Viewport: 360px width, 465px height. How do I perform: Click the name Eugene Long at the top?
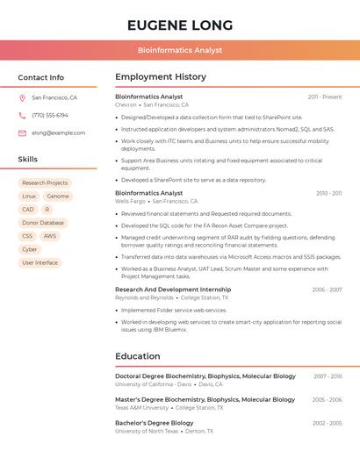pos(180,25)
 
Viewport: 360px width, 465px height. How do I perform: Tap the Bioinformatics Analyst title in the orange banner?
pos(180,50)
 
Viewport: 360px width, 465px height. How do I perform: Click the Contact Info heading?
pos(41,77)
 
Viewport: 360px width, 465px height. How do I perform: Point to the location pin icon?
pos(22,98)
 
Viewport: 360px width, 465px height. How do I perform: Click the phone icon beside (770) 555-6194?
pos(22,115)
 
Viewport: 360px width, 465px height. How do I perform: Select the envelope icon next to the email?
pos(22,132)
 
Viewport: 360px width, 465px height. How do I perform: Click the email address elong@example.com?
pos(58,132)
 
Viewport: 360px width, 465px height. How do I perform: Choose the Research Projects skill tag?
pos(45,182)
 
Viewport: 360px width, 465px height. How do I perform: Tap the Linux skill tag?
pos(29,197)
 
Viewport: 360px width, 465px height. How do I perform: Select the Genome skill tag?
pos(58,197)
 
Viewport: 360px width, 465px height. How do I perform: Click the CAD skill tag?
pos(28,210)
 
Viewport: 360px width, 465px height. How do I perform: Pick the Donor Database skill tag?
pos(43,223)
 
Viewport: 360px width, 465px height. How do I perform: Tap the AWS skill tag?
pos(50,236)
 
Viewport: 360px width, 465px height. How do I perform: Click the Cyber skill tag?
pos(30,249)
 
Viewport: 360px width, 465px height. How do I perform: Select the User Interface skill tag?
pos(40,262)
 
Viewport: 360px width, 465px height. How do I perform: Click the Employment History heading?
pos(161,77)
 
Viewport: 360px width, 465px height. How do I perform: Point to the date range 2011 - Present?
pos(325,97)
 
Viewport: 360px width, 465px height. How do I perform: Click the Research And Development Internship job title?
pos(173,290)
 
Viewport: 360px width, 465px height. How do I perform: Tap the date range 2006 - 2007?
pos(327,290)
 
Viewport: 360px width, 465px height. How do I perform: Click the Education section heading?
pos(138,356)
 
